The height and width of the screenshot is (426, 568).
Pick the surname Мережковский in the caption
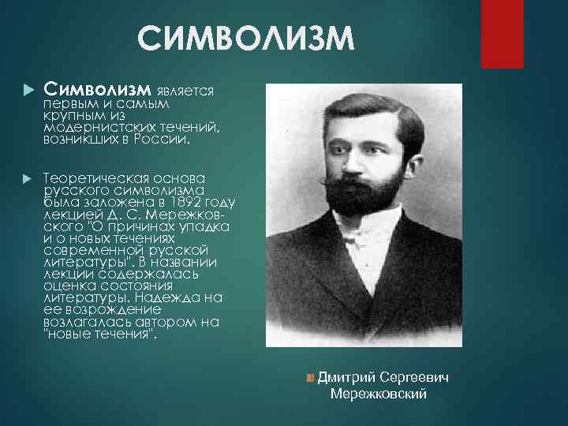(x=379, y=394)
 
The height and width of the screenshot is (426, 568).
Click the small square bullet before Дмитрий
(x=311, y=379)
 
